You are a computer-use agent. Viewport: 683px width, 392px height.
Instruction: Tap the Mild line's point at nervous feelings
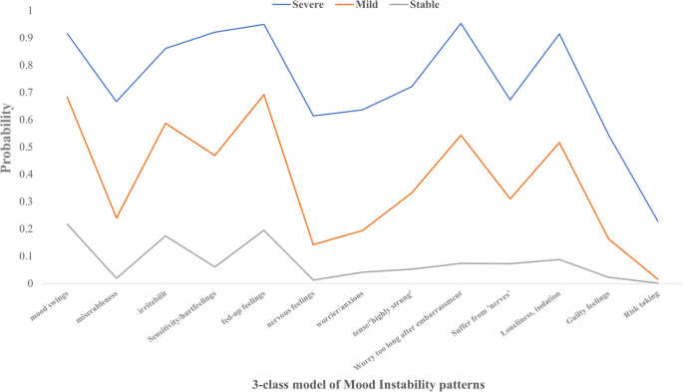[313, 244]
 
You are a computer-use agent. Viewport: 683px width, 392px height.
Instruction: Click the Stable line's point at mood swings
[67, 223]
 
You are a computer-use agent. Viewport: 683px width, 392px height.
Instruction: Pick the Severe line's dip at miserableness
[116, 102]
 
